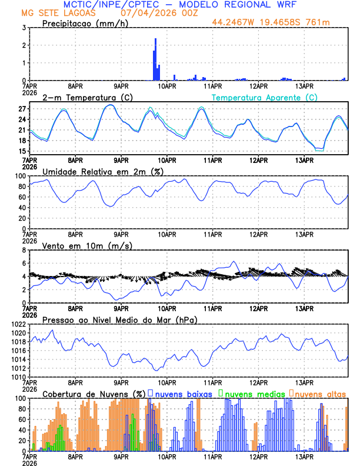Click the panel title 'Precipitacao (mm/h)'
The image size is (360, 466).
click(x=86, y=23)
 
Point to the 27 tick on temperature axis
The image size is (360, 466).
click(x=22, y=109)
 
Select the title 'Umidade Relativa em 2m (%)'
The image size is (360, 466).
click(x=102, y=171)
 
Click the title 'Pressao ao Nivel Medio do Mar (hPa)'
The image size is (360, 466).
click(x=119, y=319)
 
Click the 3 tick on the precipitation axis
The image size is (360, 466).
click(x=24, y=28)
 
